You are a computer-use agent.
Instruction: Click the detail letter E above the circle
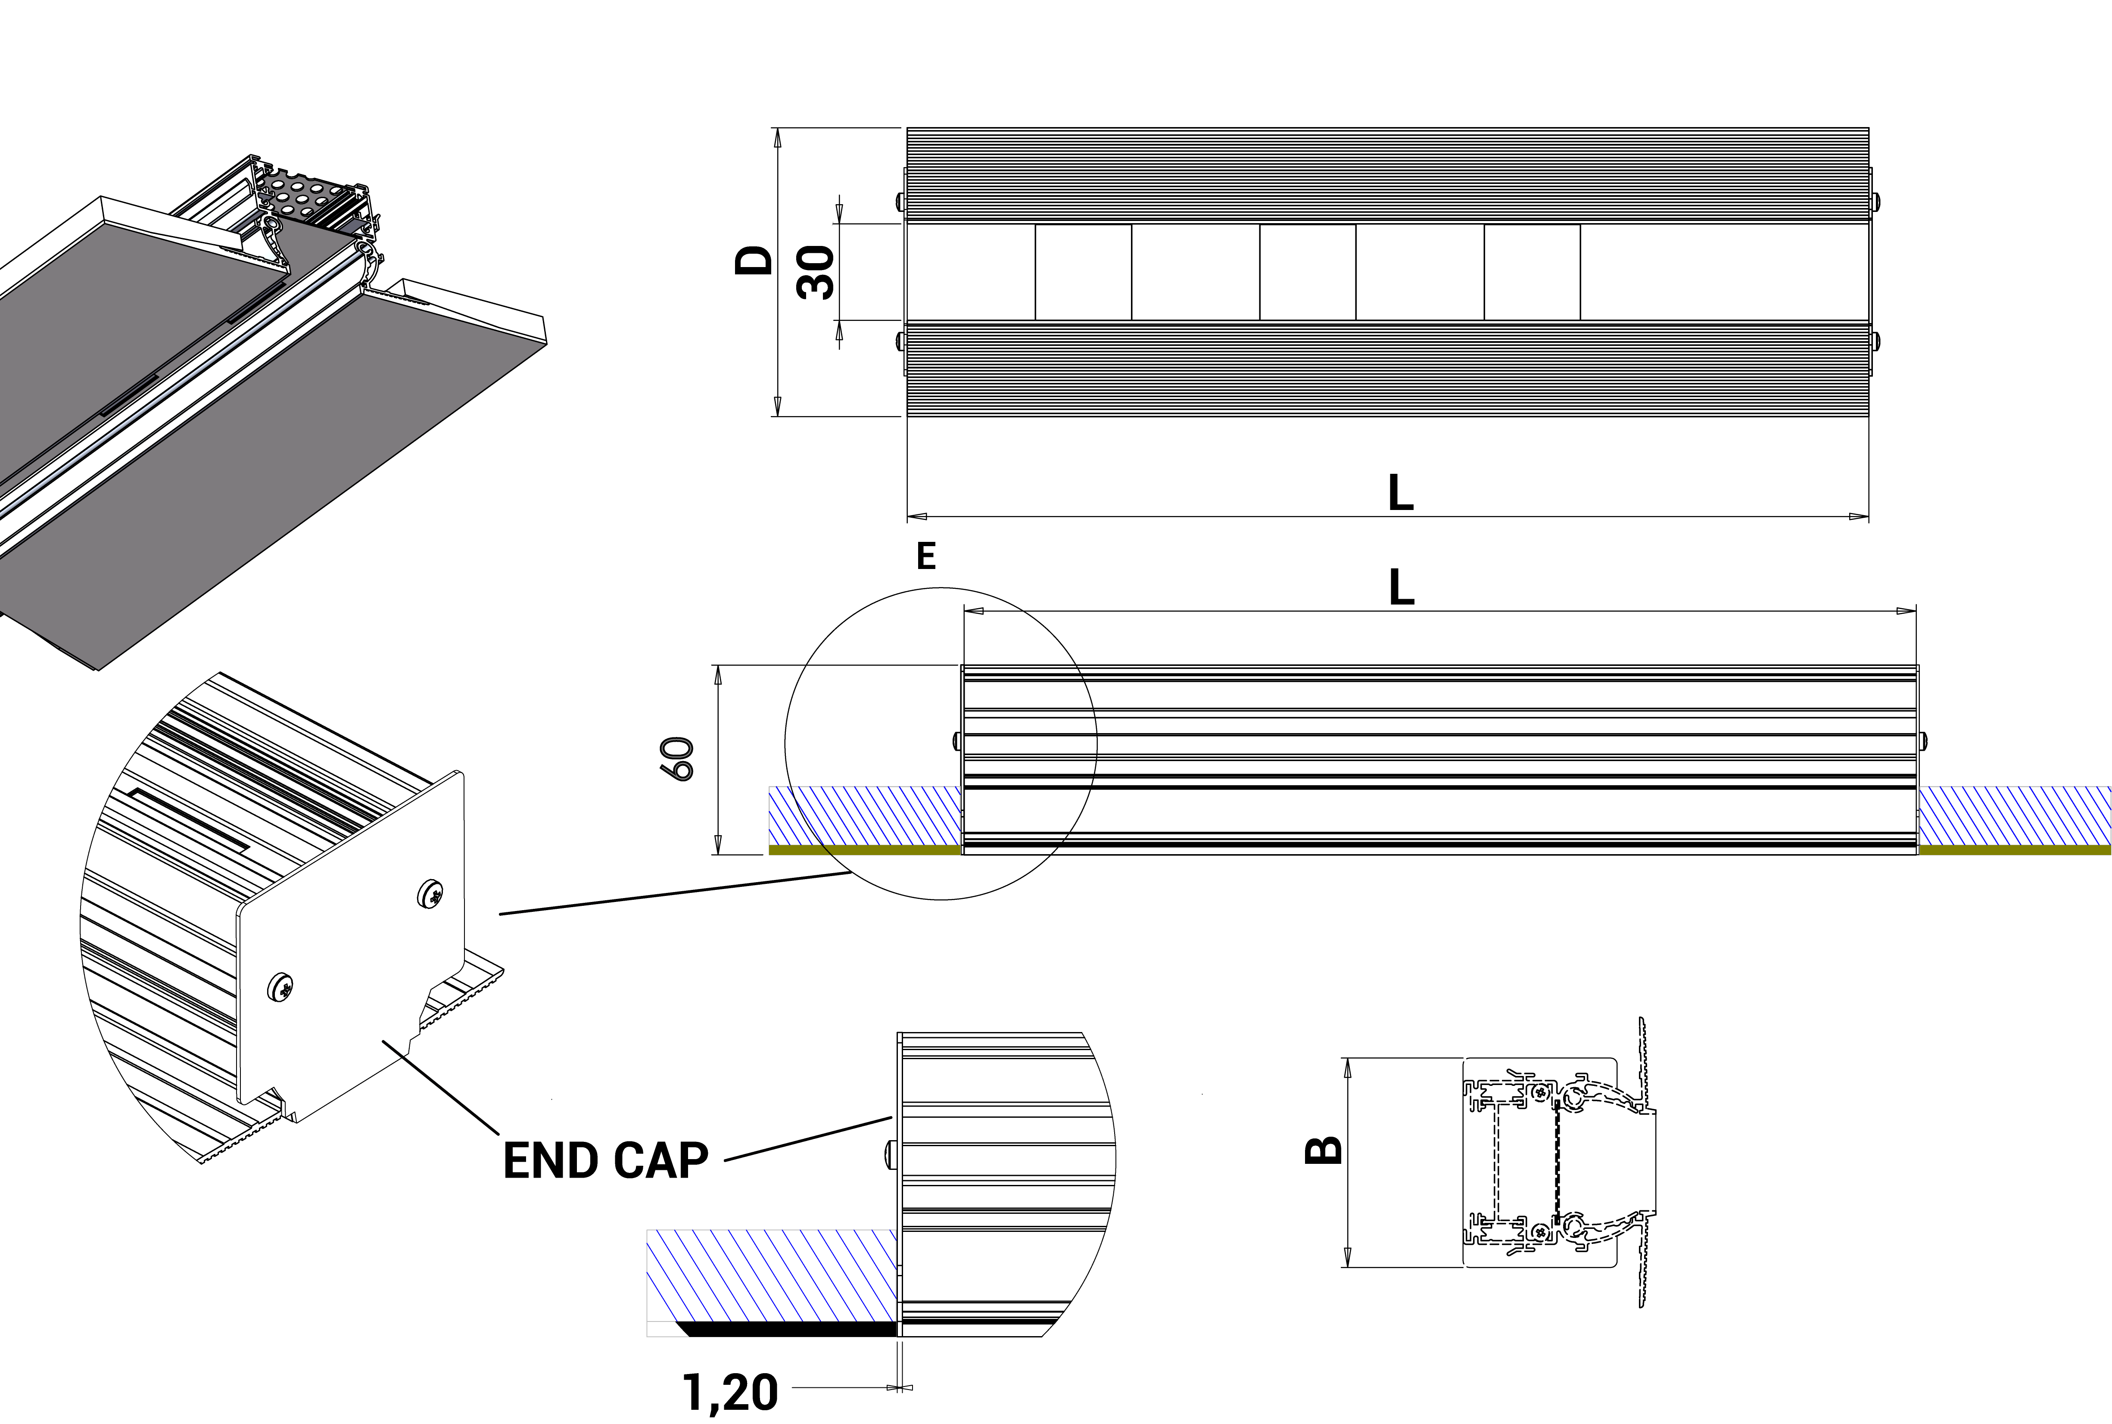925,556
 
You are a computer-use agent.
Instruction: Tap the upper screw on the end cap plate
431,895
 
